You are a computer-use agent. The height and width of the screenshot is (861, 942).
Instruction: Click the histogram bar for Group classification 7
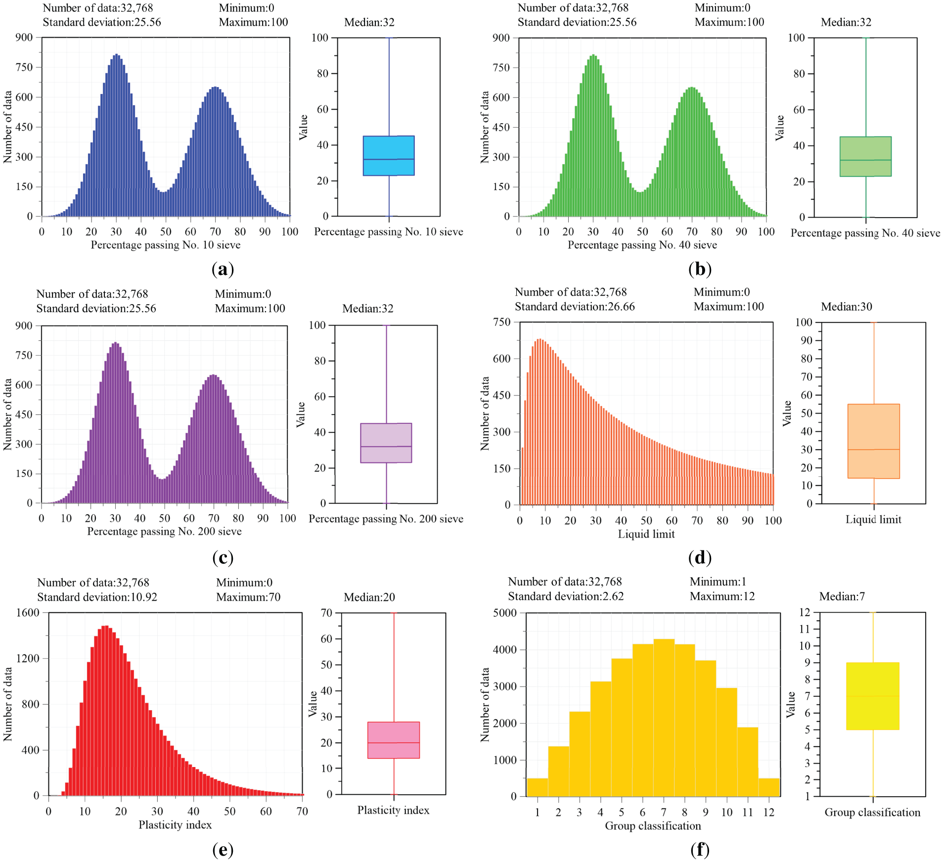(x=664, y=717)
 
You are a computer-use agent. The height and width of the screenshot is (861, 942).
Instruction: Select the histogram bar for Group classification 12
(x=768, y=787)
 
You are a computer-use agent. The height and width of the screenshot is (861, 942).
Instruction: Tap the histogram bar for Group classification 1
(x=537, y=787)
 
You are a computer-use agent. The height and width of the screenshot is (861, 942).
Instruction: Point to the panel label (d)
(x=700, y=557)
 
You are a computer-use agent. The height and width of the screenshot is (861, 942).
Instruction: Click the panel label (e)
(x=223, y=850)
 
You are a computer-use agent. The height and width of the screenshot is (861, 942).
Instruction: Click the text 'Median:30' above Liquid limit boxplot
(x=847, y=307)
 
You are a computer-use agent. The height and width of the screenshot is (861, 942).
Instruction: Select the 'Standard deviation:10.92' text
(x=97, y=597)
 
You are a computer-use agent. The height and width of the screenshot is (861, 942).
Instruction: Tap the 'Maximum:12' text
(x=722, y=596)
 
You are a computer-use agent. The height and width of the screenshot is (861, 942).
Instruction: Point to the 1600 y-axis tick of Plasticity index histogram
(x=28, y=612)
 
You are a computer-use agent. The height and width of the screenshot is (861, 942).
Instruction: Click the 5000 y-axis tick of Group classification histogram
(x=505, y=613)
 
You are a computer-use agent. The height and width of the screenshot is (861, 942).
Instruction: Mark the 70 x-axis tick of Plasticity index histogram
(x=302, y=811)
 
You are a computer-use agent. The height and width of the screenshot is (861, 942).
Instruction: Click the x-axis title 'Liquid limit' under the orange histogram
(x=646, y=534)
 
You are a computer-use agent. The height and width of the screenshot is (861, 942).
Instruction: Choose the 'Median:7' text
(x=842, y=596)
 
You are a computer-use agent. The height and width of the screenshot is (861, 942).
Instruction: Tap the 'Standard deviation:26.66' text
(x=575, y=307)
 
